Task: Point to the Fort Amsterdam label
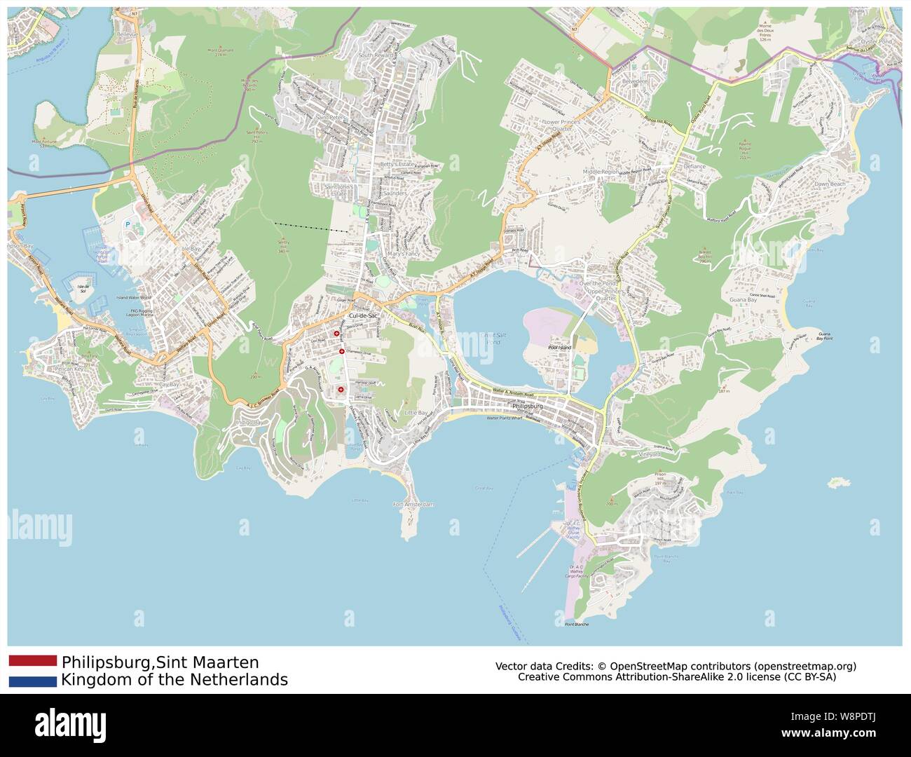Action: coord(413,505)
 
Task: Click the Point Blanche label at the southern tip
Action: coord(577,624)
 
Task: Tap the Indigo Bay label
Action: coord(249,423)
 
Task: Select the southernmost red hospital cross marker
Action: coord(341,389)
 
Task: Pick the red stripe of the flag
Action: coord(33,660)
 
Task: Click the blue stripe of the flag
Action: coord(33,681)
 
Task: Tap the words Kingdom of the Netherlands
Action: coord(174,680)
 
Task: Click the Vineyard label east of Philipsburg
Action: coord(649,454)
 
